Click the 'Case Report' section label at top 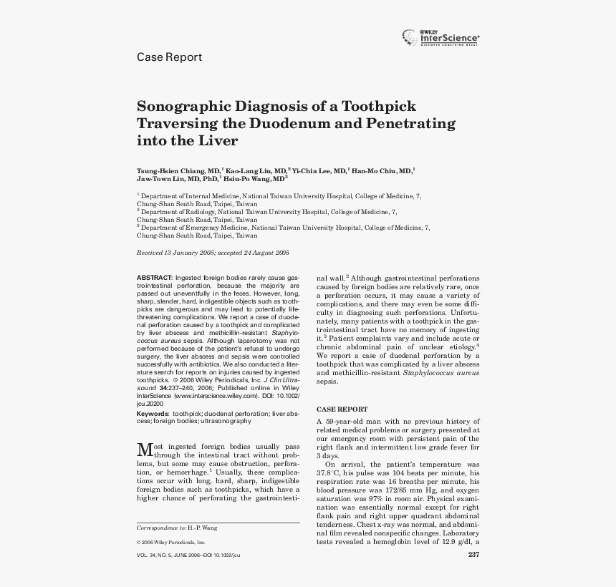pos(169,57)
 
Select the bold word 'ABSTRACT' pos(154,277)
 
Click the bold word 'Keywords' pos(153,414)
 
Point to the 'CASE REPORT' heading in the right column pos(342,409)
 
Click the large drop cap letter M pos(144,450)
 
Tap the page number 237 pos(473,556)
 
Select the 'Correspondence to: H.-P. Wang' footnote pos(177,528)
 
